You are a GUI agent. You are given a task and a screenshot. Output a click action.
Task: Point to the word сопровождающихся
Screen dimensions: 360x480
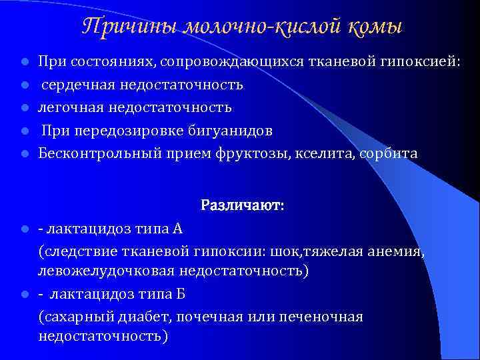click(x=238, y=62)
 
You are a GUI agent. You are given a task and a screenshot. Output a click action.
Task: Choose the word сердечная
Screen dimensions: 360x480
click(x=81, y=85)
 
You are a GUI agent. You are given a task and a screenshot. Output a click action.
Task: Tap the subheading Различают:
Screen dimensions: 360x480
click(x=243, y=206)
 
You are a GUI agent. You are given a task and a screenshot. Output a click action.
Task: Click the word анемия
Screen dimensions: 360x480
click(x=397, y=251)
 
